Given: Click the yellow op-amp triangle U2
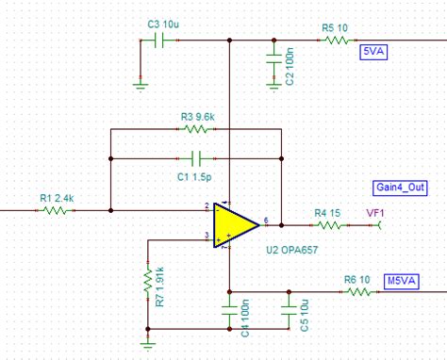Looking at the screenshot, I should pyautogui.click(x=233, y=224).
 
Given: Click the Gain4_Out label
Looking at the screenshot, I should pyautogui.click(x=400, y=188).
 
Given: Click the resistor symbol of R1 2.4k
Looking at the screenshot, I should pyautogui.click(x=55, y=210).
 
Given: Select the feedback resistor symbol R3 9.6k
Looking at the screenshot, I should pyautogui.click(x=199, y=128).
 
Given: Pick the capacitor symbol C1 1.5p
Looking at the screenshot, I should pyautogui.click(x=196, y=156).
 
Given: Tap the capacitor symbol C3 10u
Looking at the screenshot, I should pyautogui.click(x=158, y=41).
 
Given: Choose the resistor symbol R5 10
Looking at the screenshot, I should pyautogui.click(x=334, y=41).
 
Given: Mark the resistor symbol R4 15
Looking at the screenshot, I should pyautogui.click(x=327, y=225).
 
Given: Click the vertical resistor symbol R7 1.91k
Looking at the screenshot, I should pyautogui.click(x=147, y=280).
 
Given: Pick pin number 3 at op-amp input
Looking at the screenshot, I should pyautogui.click(x=207, y=236).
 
